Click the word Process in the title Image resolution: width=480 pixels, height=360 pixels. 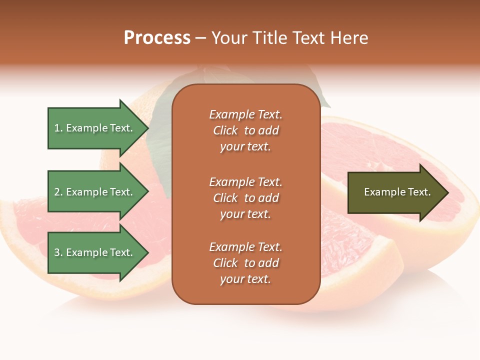point(157,38)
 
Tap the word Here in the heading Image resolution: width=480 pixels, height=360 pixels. point(348,38)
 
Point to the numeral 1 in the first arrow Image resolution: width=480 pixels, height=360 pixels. point(56,128)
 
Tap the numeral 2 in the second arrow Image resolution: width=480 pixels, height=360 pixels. point(57,192)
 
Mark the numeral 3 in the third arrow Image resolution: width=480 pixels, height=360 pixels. point(57,253)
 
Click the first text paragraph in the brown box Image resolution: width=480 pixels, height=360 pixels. point(245,130)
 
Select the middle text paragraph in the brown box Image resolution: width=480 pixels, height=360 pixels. point(245,198)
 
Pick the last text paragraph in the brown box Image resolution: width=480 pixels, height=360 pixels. point(245,263)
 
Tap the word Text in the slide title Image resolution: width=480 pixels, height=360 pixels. point(307,38)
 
